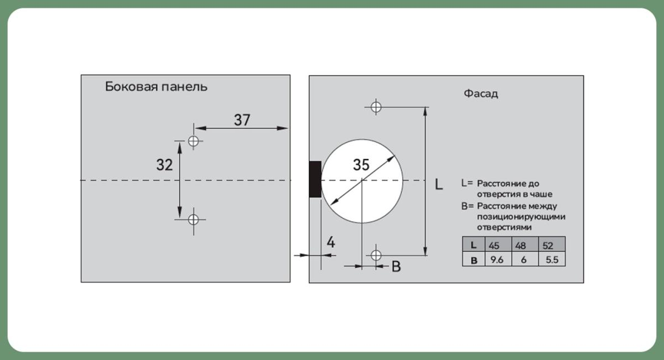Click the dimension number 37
[x=242, y=120]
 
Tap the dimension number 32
[x=164, y=165]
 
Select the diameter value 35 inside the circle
[x=361, y=165]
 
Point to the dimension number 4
[x=331, y=242]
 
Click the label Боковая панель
[x=156, y=87]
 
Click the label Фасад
[x=481, y=93]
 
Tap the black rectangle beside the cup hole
[x=315, y=179]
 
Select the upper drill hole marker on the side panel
[x=194, y=141]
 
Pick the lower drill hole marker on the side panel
[x=194, y=220]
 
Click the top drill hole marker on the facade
[x=376, y=107]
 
